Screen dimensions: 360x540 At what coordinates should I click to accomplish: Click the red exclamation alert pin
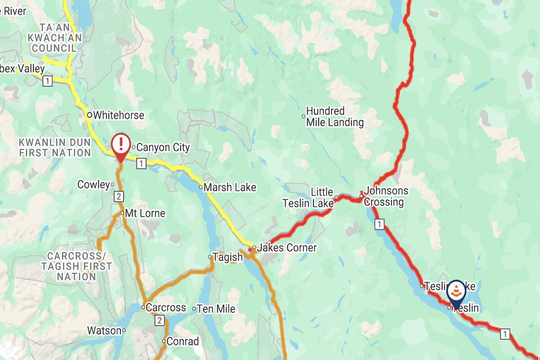[121, 145]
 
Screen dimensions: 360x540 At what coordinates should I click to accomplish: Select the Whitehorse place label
[118, 115]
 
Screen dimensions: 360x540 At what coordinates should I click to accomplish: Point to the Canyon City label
[163, 147]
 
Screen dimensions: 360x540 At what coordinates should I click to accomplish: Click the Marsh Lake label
[229, 187]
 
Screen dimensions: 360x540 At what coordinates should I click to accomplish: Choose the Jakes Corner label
[287, 247]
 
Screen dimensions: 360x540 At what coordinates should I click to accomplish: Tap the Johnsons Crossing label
[386, 196]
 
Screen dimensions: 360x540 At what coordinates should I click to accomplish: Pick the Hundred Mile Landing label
[335, 117]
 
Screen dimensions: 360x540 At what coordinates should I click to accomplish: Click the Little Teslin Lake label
[308, 198]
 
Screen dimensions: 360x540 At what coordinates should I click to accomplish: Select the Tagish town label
[227, 257]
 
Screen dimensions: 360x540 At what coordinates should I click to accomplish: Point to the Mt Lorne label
[145, 213]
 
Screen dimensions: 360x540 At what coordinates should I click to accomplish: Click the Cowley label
[94, 184]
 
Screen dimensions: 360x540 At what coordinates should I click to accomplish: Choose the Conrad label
[182, 342]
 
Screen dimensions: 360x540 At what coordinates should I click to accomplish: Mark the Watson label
[104, 331]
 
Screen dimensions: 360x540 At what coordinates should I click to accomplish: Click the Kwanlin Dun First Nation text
[55, 148]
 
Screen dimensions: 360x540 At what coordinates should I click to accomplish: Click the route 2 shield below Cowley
[119, 196]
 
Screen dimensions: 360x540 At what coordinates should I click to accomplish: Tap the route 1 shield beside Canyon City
[141, 163]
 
